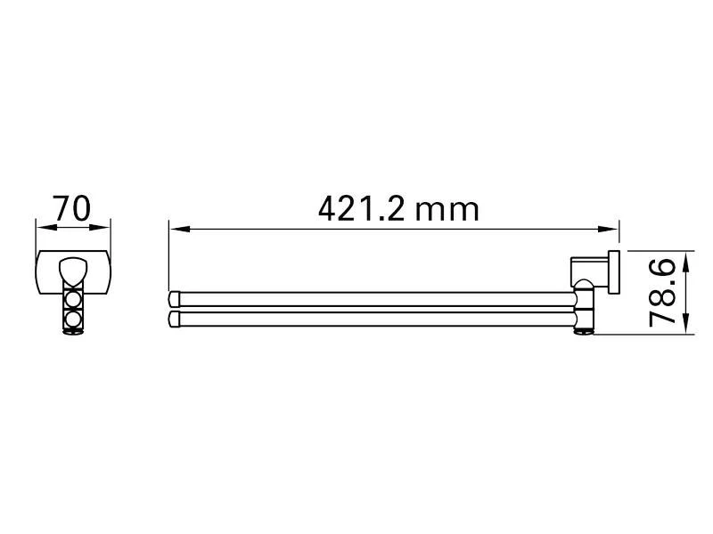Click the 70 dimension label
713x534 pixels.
click(x=72, y=208)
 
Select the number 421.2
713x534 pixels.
click(x=361, y=209)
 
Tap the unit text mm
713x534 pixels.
click(x=448, y=212)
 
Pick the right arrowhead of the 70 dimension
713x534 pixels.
click(x=100, y=227)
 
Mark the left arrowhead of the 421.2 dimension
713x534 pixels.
click(x=179, y=230)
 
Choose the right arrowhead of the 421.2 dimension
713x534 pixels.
click(x=609, y=230)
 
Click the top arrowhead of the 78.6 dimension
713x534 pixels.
click(x=687, y=261)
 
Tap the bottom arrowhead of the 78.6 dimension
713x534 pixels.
click(x=687, y=324)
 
